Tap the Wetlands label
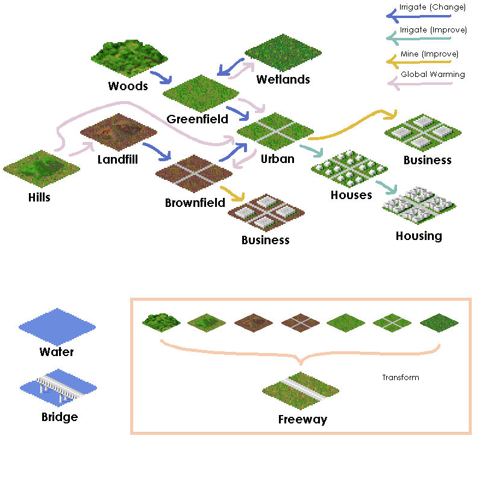[283, 79]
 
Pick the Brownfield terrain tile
[194, 173]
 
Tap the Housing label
[419, 236]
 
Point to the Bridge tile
[58, 389]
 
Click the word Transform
[400, 378]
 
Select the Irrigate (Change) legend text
[432, 8]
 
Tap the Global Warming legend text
[433, 75]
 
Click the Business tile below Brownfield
[265, 213]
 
